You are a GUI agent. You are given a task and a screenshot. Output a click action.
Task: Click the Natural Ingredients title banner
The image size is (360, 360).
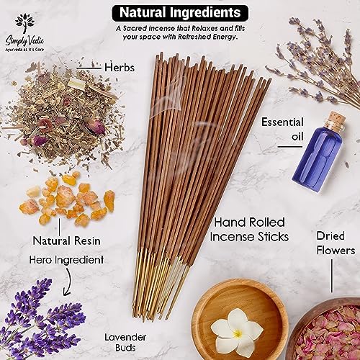pos(179,12)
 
